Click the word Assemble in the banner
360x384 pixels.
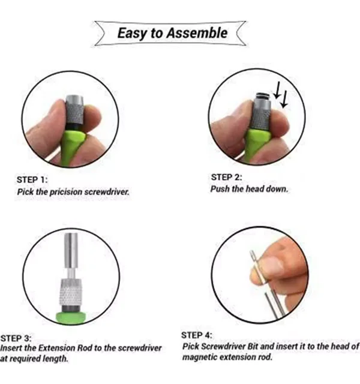pos(197,33)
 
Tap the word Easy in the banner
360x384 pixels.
pos(131,34)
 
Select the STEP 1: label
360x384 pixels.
pos(32,180)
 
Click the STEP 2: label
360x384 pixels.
pos(226,178)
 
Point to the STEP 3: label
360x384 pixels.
pos(16,338)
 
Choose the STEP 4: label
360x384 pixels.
pos(197,335)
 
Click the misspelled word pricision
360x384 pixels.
pos(66,192)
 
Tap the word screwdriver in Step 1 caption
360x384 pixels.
pos(107,192)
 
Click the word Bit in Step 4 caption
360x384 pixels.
pos(253,347)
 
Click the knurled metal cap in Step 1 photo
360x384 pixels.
pos(74,110)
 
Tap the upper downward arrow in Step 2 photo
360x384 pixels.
pos(278,90)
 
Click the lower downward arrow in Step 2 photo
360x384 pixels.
pos(284,99)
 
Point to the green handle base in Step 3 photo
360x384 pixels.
pos(71,317)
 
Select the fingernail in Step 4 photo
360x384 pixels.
pos(271,266)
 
